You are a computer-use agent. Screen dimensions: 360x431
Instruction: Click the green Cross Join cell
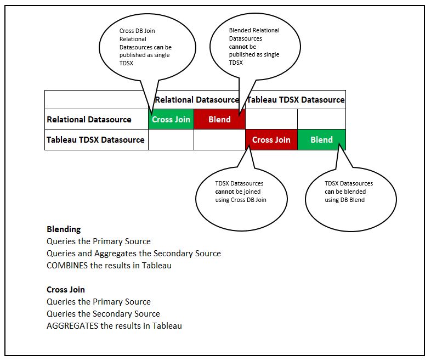[x=171, y=120]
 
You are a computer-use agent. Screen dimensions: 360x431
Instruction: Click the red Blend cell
[x=219, y=120]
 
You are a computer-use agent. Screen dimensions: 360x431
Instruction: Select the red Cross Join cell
[x=271, y=140]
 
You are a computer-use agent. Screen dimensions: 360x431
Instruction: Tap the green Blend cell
[x=321, y=140]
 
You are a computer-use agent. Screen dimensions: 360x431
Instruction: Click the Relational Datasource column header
[x=197, y=100]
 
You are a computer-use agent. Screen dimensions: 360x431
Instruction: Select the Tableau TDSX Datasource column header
[x=296, y=100]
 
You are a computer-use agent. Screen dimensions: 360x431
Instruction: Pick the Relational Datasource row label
[x=89, y=120]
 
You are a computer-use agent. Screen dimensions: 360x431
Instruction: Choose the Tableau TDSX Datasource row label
[x=96, y=140]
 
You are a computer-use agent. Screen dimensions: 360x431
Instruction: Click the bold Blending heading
[x=64, y=229]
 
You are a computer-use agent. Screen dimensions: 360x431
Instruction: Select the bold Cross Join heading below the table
[x=66, y=290]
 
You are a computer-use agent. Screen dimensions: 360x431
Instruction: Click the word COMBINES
[x=67, y=266]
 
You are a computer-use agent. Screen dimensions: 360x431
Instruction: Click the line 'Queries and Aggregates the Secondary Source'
[x=134, y=254]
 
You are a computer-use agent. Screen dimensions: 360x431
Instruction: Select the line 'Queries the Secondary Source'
[x=103, y=314]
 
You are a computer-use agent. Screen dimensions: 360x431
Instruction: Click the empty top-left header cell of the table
[x=97, y=100]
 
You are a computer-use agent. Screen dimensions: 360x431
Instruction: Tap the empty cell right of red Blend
[x=271, y=120]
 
